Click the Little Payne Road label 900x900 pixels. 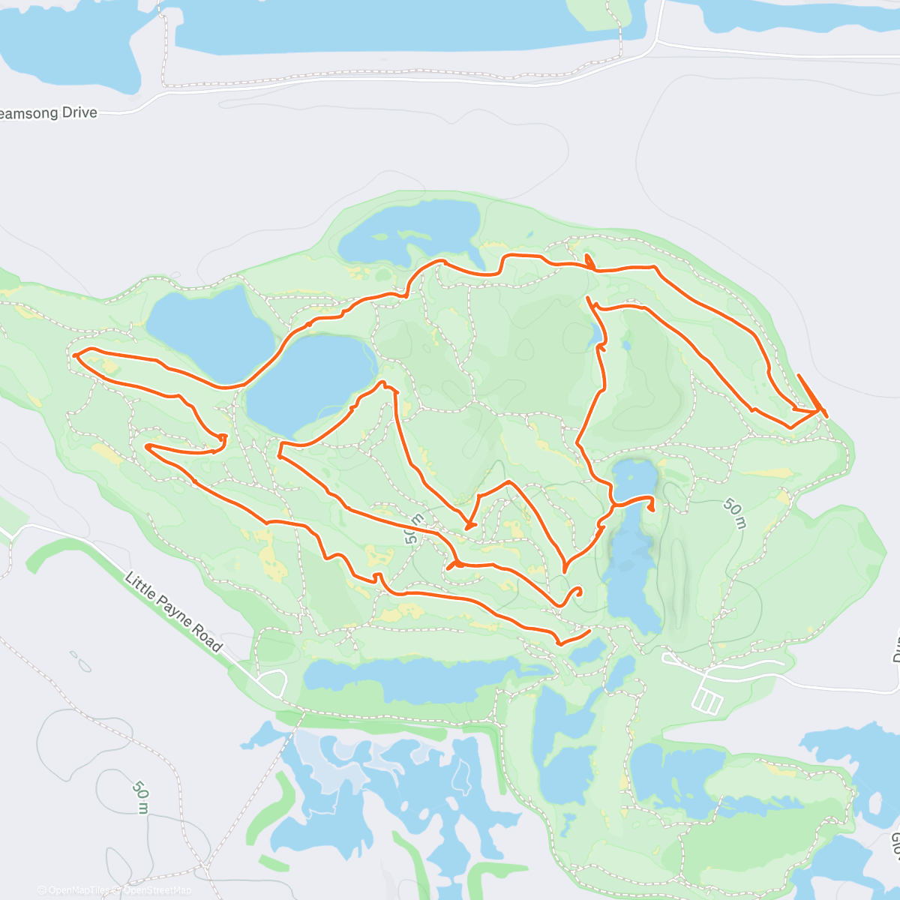point(173,612)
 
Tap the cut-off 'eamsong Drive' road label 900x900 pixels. point(48,113)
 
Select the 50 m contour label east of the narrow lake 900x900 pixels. point(734,513)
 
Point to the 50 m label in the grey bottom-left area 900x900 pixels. point(141,797)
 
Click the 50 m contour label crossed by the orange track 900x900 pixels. point(415,528)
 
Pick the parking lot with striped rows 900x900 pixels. point(708,701)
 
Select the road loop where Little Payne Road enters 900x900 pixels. point(271,682)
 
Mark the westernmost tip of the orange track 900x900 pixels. point(74,355)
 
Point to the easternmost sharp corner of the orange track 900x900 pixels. point(826,415)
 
